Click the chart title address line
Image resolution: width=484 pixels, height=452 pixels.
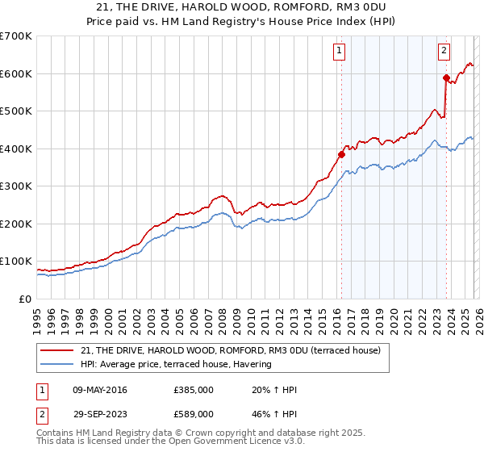[x=242, y=6]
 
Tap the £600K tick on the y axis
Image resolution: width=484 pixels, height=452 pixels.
[x=16, y=73]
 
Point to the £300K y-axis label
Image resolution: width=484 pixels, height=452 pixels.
[x=16, y=186]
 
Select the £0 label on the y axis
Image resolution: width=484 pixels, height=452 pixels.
[x=26, y=299]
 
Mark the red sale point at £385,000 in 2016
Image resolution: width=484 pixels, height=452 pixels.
[x=341, y=154]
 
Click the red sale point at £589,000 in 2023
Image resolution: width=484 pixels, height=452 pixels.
[x=446, y=77]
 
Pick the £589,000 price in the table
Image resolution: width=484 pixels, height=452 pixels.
[x=193, y=414]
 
